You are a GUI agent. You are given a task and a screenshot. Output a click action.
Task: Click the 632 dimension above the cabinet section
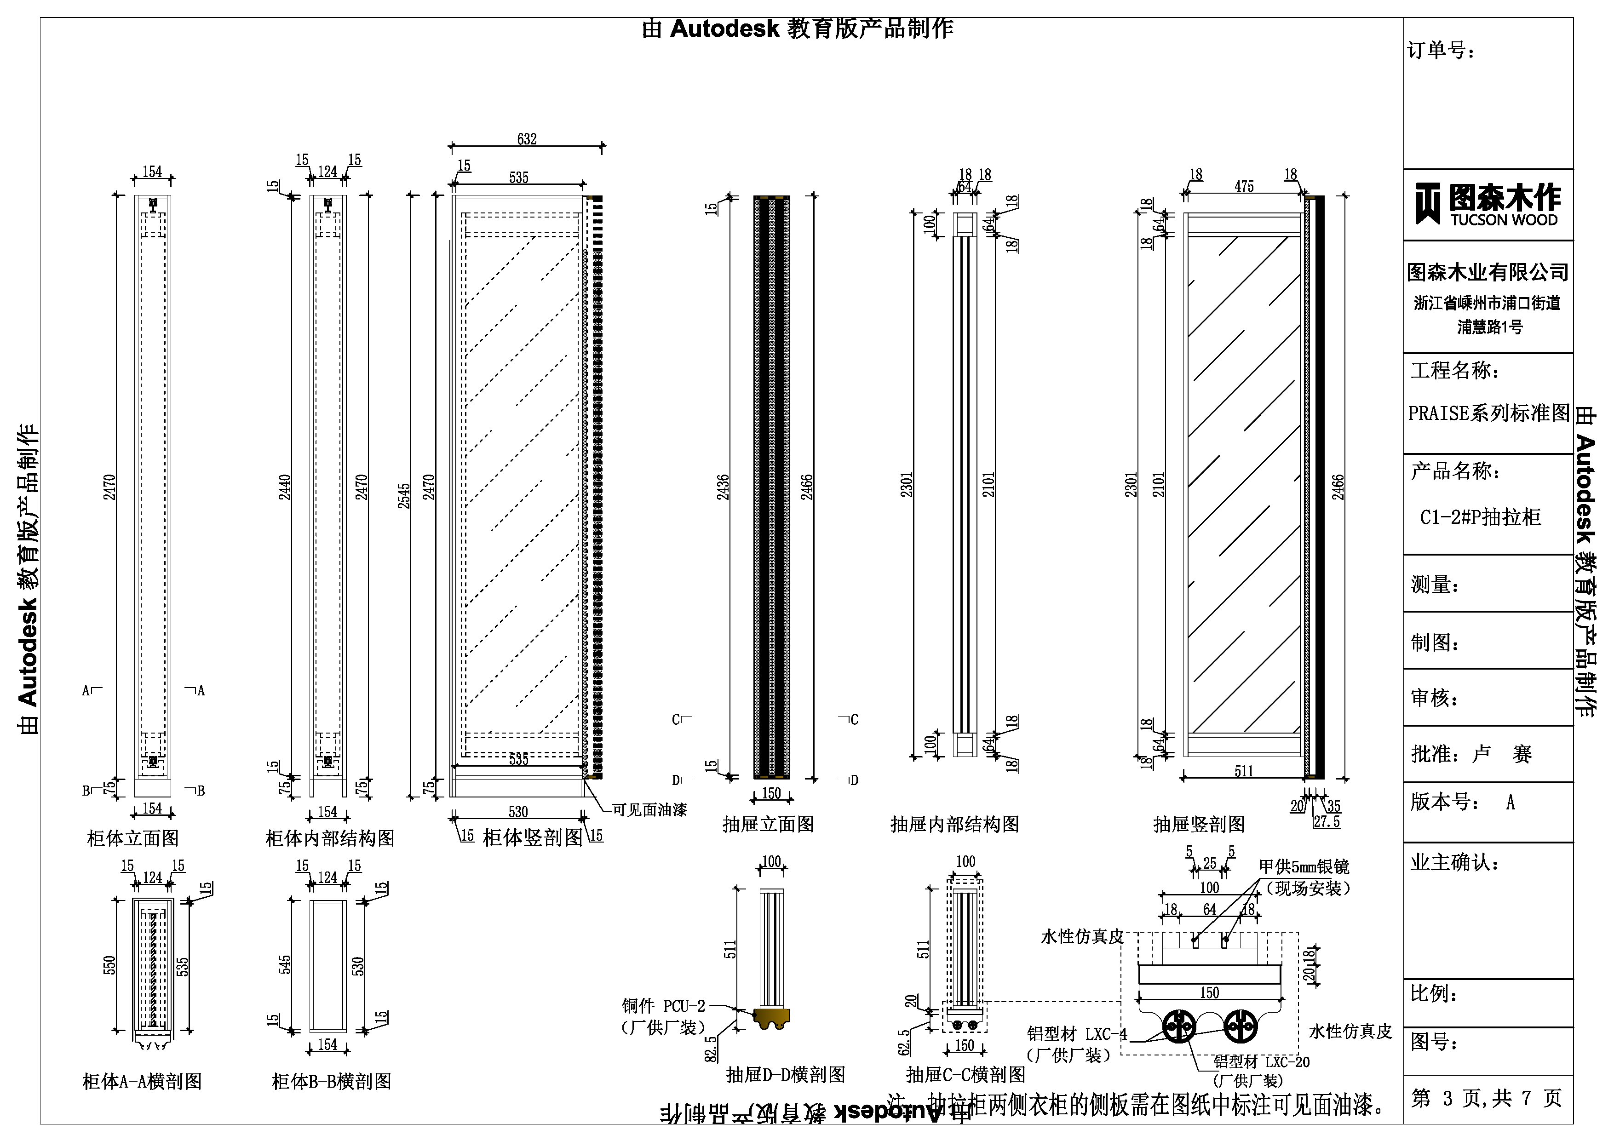[527, 139]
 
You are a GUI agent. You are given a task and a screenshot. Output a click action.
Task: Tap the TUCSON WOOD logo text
[1504, 220]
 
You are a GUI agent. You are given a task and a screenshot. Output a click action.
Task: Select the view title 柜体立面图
[133, 838]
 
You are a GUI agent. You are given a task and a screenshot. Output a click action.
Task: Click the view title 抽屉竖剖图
[1199, 825]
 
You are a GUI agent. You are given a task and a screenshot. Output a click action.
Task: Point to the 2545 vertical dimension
[403, 496]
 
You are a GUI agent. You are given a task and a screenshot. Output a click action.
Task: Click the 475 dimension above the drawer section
[1244, 186]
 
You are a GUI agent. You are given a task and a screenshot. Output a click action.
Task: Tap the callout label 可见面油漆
[649, 810]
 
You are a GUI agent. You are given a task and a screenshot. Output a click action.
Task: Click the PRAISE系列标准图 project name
[1488, 413]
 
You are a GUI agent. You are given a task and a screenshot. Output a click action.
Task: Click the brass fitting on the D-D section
[771, 1018]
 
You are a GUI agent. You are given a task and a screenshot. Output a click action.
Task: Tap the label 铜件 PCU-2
[663, 1006]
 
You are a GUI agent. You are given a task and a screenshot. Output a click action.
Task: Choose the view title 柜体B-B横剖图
[331, 1081]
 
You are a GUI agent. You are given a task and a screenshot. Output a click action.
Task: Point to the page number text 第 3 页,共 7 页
[1486, 1098]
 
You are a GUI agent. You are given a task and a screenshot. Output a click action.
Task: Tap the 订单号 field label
[1441, 50]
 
